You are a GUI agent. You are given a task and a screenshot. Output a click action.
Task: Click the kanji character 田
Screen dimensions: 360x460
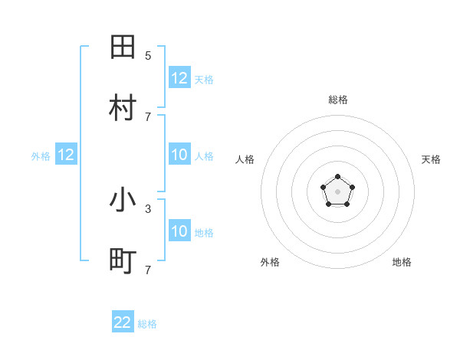pos(123,47)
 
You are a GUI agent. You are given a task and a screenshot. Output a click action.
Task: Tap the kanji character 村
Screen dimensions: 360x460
pos(123,108)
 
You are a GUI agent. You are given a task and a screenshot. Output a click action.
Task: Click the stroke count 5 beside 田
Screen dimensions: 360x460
pos(148,55)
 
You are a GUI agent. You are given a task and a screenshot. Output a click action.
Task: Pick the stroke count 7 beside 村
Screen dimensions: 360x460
pos(148,116)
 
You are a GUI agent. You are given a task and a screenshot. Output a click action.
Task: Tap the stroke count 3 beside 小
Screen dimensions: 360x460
pos(148,208)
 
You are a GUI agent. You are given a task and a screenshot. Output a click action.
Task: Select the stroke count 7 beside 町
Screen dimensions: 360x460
pos(148,270)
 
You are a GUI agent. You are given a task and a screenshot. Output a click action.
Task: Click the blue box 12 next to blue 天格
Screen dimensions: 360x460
pos(179,78)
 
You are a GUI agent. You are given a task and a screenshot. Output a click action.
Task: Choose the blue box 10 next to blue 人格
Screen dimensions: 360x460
pos(179,155)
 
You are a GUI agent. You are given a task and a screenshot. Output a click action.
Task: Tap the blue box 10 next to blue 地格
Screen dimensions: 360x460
pos(179,231)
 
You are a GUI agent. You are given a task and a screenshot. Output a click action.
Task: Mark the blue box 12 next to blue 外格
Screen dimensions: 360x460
pos(66,155)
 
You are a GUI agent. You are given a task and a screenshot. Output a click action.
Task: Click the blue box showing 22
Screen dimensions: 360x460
pos(123,322)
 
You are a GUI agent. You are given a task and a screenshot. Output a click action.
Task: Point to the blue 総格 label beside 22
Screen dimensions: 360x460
pos(147,324)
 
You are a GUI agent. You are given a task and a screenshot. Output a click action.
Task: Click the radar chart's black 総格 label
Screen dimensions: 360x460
pos(337,100)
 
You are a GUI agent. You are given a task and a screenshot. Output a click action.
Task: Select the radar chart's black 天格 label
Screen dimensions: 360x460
pos(431,159)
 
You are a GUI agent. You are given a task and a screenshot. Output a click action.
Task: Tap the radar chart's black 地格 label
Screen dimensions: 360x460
pos(402,262)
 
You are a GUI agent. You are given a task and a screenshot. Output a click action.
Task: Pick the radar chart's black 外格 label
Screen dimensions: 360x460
pos(270,262)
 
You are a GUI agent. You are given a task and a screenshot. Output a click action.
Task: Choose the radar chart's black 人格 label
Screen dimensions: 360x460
pos(245,159)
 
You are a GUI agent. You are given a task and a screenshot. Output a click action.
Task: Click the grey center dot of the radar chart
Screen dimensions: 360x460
pos(337,191)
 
